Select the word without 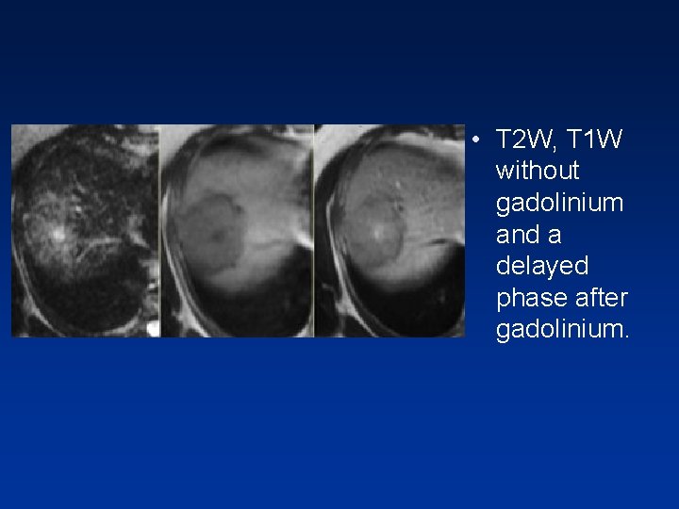[x=538, y=172]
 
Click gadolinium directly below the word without [x=559, y=204]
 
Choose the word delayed [x=541, y=267]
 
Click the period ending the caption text [x=625, y=337]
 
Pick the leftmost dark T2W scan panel [x=85, y=231]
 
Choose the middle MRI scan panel [x=236, y=231]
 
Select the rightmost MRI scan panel [x=389, y=231]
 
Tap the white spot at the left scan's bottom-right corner [x=154, y=328]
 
